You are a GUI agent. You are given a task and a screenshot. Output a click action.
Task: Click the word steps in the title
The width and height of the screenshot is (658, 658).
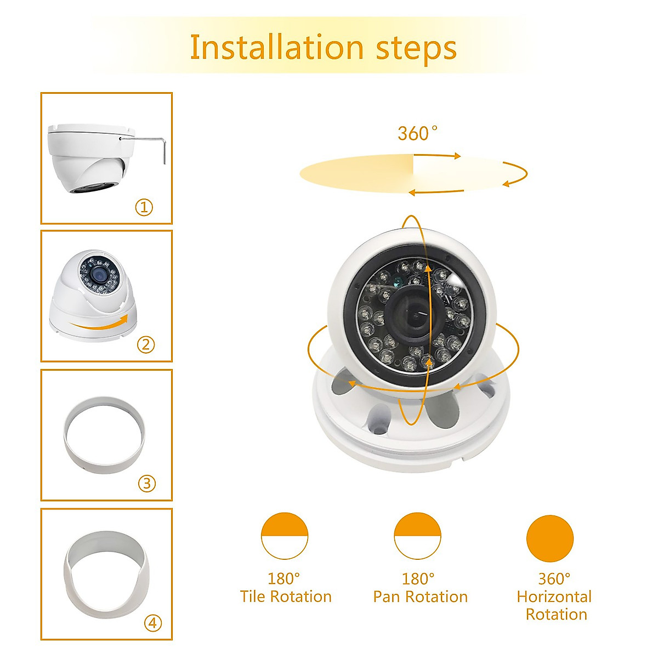pyautogui.click(x=416, y=48)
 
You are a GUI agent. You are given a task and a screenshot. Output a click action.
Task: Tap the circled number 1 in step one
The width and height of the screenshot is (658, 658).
pyautogui.click(x=144, y=207)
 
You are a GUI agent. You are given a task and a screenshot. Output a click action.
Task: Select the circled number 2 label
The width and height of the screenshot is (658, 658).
pyautogui.click(x=146, y=344)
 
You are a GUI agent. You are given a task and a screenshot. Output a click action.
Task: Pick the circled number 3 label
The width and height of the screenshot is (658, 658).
pyautogui.click(x=146, y=483)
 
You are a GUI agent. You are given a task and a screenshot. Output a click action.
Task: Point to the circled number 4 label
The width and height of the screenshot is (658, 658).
pyautogui.click(x=153, y=623)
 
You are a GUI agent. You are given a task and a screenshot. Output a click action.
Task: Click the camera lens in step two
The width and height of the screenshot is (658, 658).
pyautogui.click(x=99, y=275)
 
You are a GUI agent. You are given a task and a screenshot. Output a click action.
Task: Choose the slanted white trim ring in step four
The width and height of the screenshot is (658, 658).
pyautogui.click(x=107, y=573)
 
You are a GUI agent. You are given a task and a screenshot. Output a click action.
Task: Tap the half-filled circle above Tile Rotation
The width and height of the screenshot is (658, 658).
pyautogui.click(x=285, y=536)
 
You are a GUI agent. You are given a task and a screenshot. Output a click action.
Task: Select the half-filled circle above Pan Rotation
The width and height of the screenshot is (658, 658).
pyautogui.click(x=418, y=536)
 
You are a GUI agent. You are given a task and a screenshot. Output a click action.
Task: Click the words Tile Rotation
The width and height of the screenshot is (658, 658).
pyautogui.click(x=286, y=597)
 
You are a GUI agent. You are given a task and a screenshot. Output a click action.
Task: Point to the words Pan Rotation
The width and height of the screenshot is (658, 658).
pyautogui.click(x=420, y=597)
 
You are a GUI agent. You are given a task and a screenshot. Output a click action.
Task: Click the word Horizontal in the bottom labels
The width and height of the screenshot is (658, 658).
pyautogui.click(x=554, y=597)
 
